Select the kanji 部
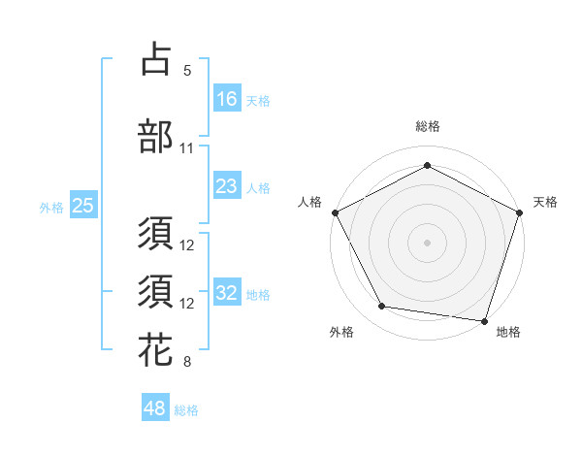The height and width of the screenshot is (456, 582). pos(155,137)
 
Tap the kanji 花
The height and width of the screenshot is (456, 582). pos(155,350)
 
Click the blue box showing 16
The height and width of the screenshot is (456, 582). pos(227,98)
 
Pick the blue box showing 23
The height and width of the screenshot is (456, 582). pos(227,187)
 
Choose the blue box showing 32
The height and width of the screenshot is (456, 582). pos(227,294)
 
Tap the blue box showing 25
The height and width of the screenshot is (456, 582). pos(82,206)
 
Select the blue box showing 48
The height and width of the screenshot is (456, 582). pos(155,408)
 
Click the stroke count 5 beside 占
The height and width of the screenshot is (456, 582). pos(187,70)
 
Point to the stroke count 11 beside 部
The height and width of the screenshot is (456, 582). pos(187,148)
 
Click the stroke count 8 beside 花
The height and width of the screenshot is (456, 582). pos(187,363)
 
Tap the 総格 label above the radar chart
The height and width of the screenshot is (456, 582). pos(428,126)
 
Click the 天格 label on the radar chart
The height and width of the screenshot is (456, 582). pos(545,202)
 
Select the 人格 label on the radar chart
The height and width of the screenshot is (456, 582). pos(310,202)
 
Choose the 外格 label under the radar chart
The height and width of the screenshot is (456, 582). pos(341,332)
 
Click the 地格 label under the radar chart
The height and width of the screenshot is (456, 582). pos(508,332)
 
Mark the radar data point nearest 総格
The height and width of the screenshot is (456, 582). pos(427,165)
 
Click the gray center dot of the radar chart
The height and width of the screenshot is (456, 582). pos(427,242)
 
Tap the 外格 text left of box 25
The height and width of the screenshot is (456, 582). pos(50,207)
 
